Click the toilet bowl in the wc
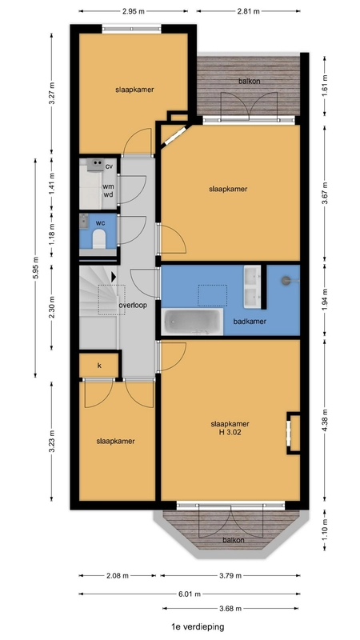pyautogui.click(x=99, y=239)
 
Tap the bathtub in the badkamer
pyautogui.click(x=193, y=322)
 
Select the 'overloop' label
pyautogui.click(x=133, y=305)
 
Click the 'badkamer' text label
pyautogui.click(x=250, y=322)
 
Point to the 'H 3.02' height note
pyautogui.click(x=230, y=432)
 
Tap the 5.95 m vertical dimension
pyautogui.click(x=35, y=268)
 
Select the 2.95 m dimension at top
pyautogui.click(x=134, y=11)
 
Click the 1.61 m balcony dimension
pyautogui.click(x=325, y=86)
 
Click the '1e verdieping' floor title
pyautogui.click(x=198, y=626)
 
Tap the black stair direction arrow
pyautogui.click(x=114, y=277)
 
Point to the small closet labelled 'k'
pyautogui.click(x=99, y=366)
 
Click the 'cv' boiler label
pyautogui.click(x=109, y=166)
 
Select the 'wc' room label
pyautogui.click(x=100, y=223)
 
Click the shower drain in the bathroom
pyautogui.click(x=286, y=280)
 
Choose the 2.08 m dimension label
pyautogui.click(x=118, y=575)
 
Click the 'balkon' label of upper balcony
pyautogui.click(x=250, y=81)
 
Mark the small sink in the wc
pyautogui.click(x=84, y=221)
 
